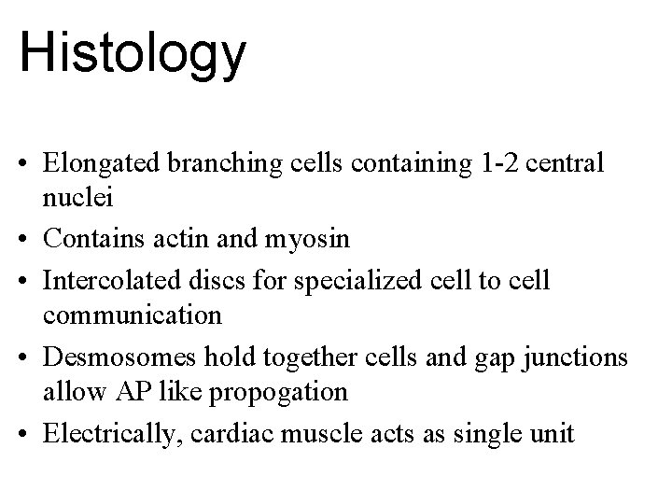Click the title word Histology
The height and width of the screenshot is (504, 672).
coord(133,53)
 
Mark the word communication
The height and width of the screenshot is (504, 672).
coord(133,315)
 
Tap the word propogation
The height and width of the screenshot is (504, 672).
coord(280,393)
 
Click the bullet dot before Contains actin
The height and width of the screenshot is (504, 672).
coord(31,240)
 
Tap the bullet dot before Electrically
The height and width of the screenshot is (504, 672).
coord(31,432)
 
